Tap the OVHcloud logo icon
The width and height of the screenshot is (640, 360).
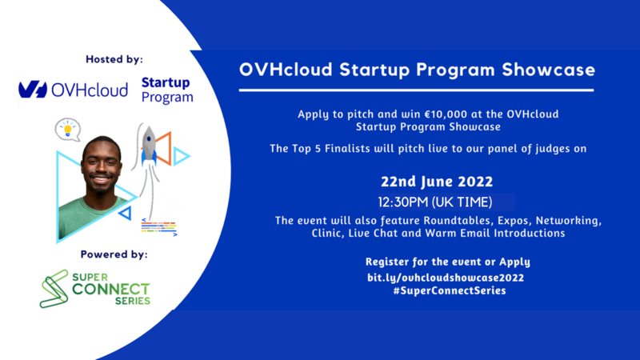(x=32, y=90)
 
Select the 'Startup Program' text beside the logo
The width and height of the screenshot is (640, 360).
(x=166, y=90)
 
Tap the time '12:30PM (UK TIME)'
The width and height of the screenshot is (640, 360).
(x=435, y=201)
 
